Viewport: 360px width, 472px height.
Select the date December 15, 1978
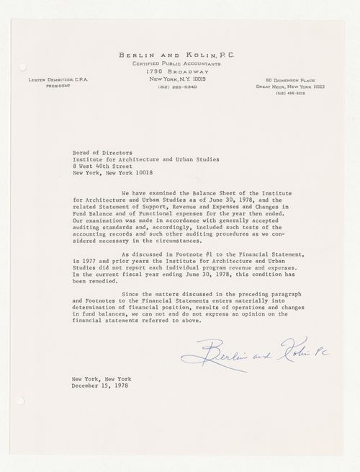click(102, 386)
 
